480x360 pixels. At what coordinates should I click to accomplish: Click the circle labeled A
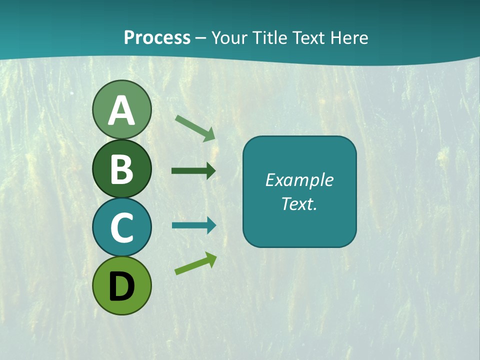click(x=121, y=109)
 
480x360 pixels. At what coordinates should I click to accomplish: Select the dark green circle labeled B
click(x=121, y=168)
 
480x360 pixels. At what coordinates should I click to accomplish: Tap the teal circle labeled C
click(x=121, y=227)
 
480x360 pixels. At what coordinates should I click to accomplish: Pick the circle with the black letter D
click(x=121, y=285)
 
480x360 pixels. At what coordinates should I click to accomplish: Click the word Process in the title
click(x=157, y=38)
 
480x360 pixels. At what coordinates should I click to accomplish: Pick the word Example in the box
click(x=299, y=180)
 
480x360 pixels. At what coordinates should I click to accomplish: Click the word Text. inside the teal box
click(x=299, y=203)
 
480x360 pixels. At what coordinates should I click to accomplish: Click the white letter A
click(x=121, y=110)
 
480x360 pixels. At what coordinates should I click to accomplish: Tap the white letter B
click(x=121, y=169)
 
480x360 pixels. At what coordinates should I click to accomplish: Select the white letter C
click(x=121, y=227)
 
